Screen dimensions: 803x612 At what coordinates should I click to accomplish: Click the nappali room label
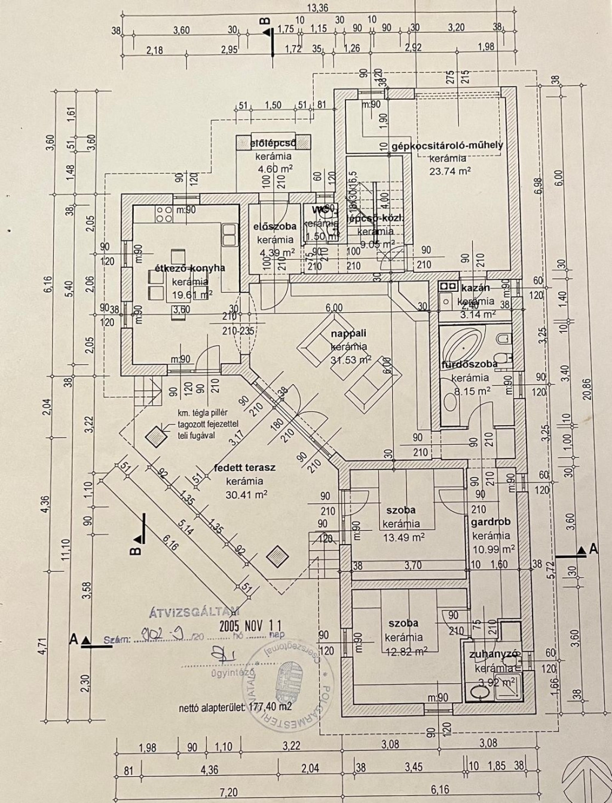(x=350, y=334)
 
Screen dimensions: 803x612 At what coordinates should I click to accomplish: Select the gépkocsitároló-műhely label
(x=448, y=145)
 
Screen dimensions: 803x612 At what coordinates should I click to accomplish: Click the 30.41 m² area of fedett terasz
(x=246, y=494)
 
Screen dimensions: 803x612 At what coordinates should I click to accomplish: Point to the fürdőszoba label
(x=469, y=364)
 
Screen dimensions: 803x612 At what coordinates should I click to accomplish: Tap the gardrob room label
(x=491, y=522)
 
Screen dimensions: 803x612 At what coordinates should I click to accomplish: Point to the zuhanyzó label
(x=494, y=654)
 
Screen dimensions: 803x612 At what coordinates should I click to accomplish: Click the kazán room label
(x=476, y=288)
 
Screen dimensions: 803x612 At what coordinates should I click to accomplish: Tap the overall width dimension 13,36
(x=317, y=8)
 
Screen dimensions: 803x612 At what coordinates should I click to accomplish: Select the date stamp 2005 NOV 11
(x=250, y=626)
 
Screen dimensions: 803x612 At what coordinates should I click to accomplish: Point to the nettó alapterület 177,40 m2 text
(x=235, y=707)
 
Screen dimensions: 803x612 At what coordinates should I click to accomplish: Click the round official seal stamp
(x=288, y=681)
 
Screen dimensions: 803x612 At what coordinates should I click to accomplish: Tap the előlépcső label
(x=273, y=143)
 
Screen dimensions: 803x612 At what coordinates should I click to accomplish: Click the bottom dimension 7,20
(x=229, y=792)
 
